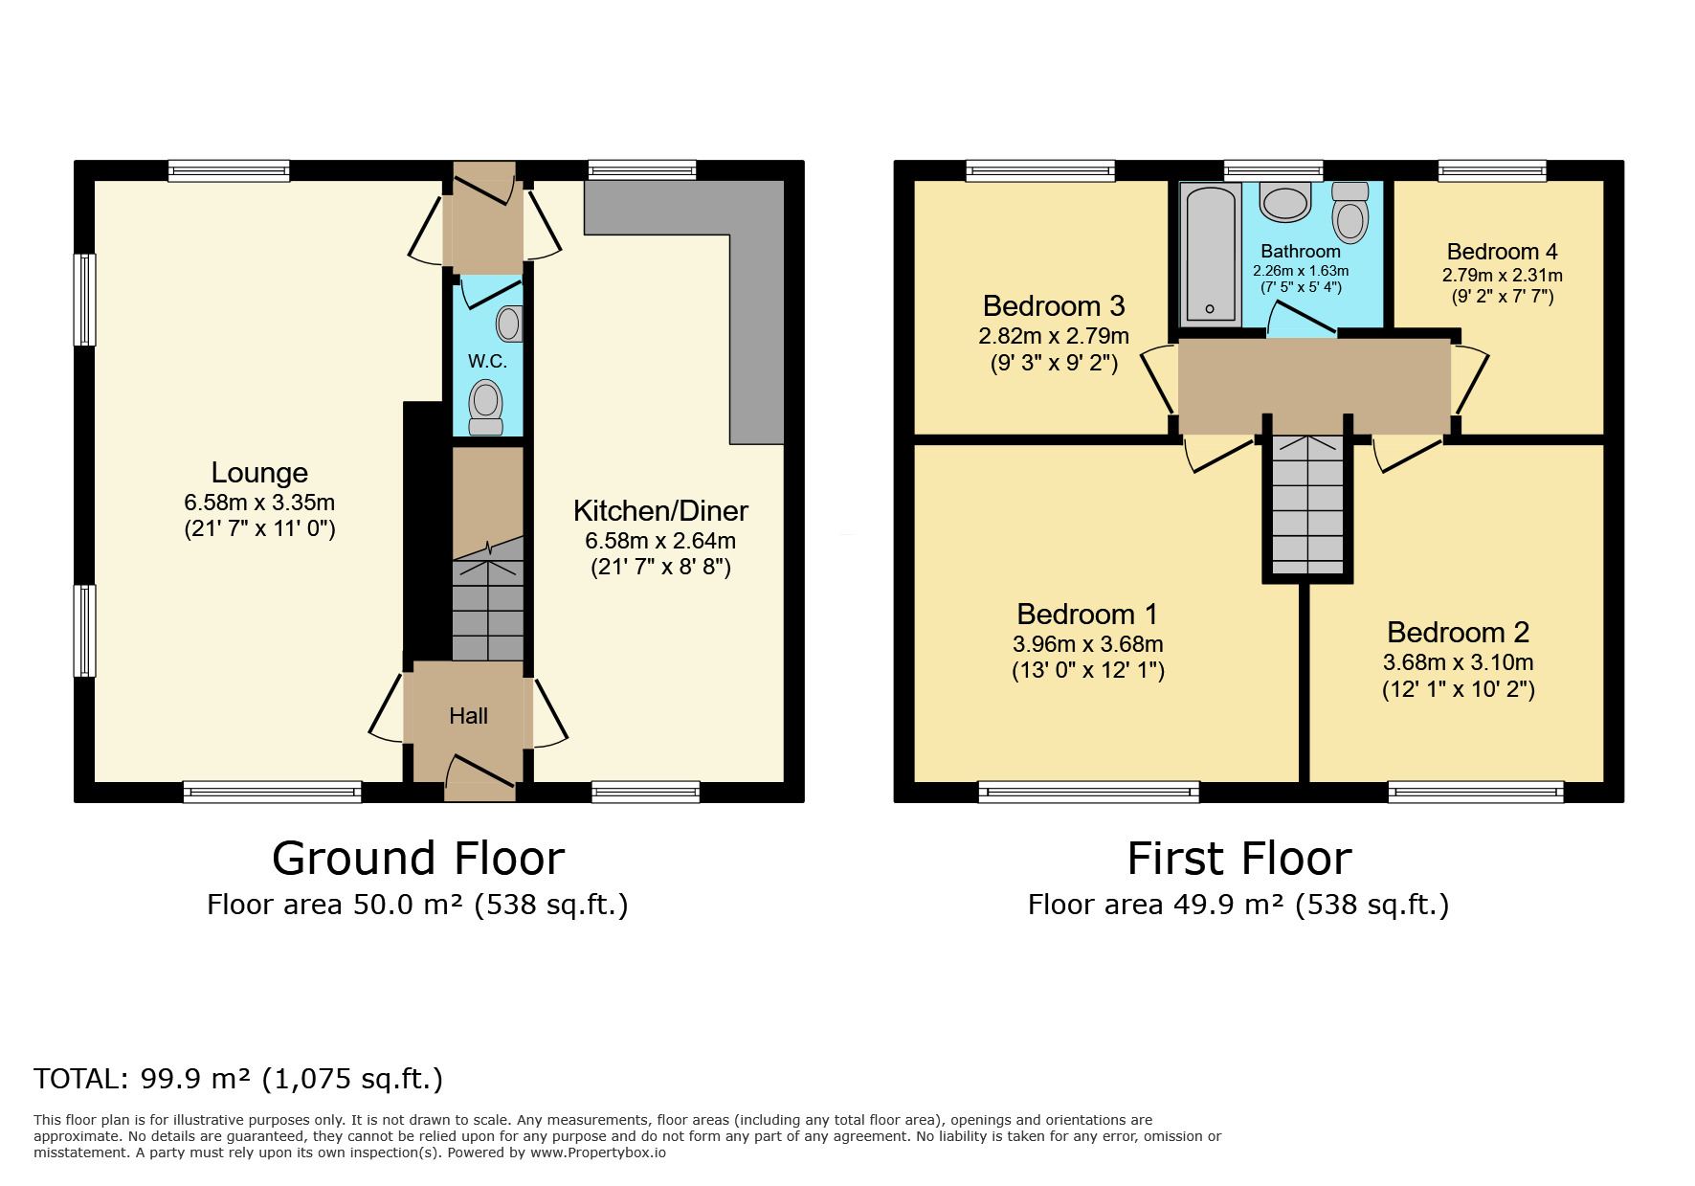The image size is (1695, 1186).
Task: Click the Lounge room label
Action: pyautogui.click(x=259, y=473)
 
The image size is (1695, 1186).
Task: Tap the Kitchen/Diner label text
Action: pyautogui.click(x=660, y=511)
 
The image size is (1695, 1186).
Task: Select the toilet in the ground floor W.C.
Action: pyautogui.click(x=486, y=406)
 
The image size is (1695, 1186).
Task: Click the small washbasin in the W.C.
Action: pyautogui.click(x=509, y=324)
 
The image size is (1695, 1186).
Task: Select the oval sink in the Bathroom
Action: pyautogui.click(x=1284, y=202)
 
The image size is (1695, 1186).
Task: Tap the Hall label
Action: pyautogui.click(x=468, y=716)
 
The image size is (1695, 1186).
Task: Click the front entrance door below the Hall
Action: pyautogui.click(x=480, y=777)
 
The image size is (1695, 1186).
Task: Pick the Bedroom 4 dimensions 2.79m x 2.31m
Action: pyautogui.click(x=1502, y=276)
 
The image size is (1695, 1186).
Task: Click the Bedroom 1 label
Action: pyautogui.click(x=1087, y=615)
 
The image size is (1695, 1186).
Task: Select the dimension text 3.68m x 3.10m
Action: pyautogui.click(x=1458, y=662)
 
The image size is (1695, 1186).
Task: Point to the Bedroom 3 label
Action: pyautogui.click(x=1054, y=306)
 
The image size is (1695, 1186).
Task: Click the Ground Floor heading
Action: pyautogui.click(x=418, y=859)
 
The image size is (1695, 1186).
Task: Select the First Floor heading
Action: pyautogui.click(x=1238, y=859)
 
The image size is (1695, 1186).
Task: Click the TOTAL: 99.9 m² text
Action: pyautogui.click(x=238, y=1079)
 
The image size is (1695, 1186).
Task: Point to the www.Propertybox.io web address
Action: pyautogui.click(x=597, y=1152)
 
